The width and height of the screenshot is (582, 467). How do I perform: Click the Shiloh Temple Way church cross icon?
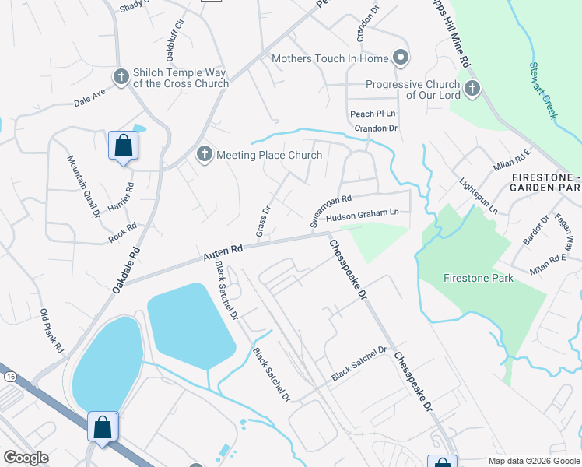coord(121,76)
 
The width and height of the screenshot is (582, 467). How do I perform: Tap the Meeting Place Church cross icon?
coord(205,154)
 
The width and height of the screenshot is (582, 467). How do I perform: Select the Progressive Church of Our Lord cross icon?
coord(472,89)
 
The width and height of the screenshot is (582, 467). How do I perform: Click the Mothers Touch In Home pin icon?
coord(401,58)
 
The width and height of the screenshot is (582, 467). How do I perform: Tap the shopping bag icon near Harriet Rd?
coord(123,146)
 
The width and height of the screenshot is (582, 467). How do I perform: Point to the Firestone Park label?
coord(478,278)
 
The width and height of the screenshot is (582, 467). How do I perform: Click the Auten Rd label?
coord(223,251)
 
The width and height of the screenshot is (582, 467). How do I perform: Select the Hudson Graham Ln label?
coord(362,214)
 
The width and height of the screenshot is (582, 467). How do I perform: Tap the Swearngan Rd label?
coord(331,210)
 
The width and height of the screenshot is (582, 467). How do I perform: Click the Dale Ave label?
coord(89,100)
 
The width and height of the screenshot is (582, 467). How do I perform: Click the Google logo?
coord(26,458)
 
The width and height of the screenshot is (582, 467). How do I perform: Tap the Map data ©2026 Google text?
coord(533,461)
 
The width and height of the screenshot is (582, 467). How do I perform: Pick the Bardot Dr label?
coord(535,231)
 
